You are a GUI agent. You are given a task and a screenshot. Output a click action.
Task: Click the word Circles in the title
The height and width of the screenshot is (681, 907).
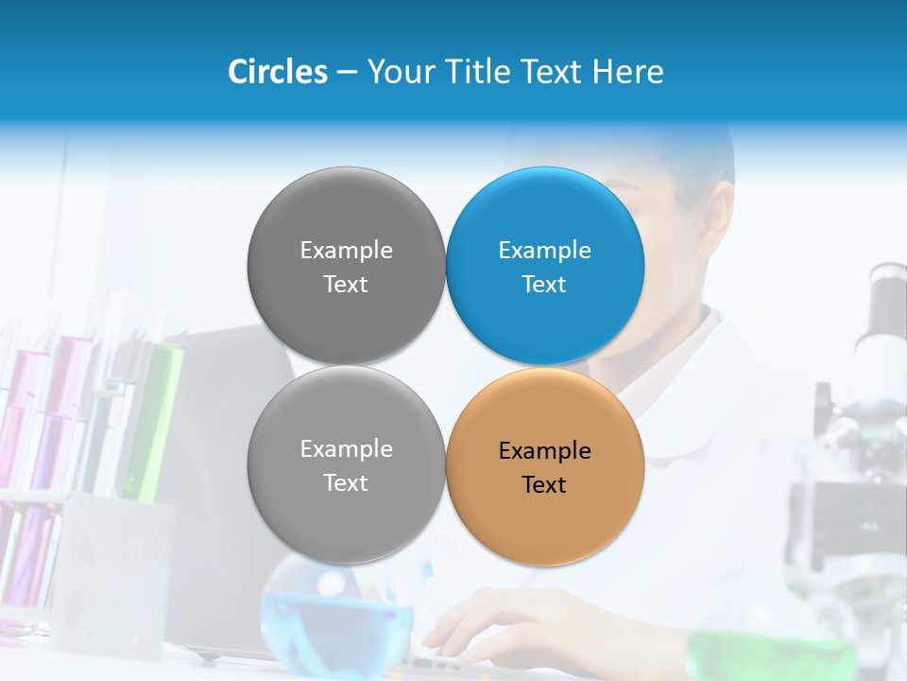point(277,72)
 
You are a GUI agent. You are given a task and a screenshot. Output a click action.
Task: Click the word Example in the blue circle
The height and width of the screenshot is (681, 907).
point(544,251)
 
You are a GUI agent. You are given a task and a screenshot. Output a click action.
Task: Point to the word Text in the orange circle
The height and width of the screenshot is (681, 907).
point(544,485)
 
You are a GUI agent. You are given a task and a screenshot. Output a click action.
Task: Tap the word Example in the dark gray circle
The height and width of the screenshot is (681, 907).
point(346,251)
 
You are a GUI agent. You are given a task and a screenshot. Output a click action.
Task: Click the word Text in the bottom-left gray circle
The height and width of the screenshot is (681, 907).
point(346,483)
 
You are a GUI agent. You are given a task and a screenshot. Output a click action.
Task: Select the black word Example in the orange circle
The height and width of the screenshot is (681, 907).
point(544,451)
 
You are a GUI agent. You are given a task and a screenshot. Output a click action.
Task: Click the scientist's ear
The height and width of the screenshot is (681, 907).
point(718,218)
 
